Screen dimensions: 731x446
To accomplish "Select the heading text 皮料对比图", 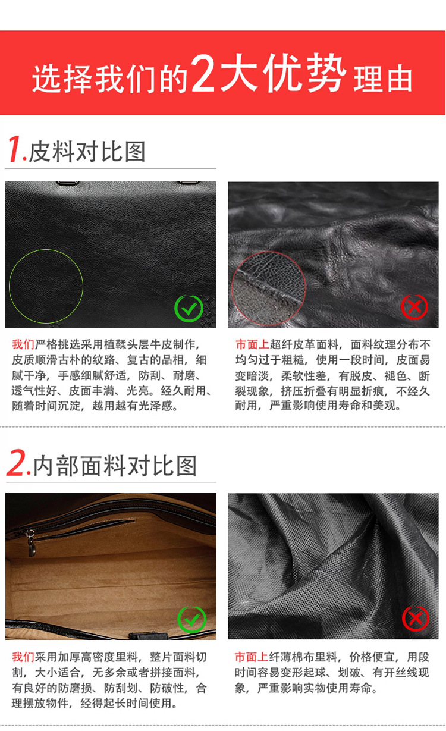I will (87, 152).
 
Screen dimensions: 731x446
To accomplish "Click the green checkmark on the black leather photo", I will (189, 308).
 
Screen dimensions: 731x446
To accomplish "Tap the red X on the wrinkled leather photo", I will (414, 307).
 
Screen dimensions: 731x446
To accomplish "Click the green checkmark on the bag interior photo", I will (191, 620).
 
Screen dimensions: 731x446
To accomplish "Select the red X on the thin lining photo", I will (415, 619).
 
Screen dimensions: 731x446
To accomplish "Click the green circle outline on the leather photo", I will (46, 286).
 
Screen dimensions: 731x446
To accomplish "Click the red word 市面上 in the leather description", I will (252, 345).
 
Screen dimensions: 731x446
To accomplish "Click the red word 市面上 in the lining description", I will (251, 657).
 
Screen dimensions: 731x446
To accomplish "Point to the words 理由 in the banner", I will (383, 79).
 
